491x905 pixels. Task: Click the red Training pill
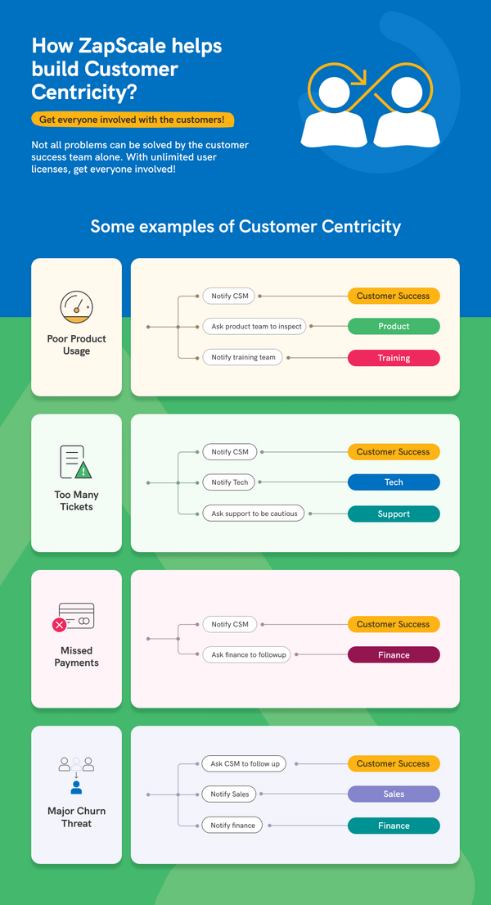[x=394, y=358]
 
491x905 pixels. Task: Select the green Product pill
[x=394, y=326]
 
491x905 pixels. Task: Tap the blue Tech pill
[x=394, y=482]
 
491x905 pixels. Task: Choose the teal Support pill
[x=394, y=514]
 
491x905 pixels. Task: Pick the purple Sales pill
[x=394, y=794]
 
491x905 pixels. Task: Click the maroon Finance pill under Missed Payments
[x=394, y=655]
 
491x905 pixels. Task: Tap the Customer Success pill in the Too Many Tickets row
[x=394, y=451]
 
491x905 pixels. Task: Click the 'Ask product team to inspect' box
[x=256, y=326]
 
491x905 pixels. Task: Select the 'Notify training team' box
[x=243, y=357]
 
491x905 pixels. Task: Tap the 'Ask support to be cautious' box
[x=255, y=514]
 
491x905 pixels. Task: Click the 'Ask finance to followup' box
[x=246, y=655]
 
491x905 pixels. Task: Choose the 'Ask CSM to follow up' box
[x=245, y=763]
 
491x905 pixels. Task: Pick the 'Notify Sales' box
[x=229, y=794]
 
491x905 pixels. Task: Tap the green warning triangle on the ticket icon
[x=83, y=470]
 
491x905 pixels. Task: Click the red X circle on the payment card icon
[x=60, y=625]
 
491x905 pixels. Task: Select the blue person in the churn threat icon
[x=76, y=787]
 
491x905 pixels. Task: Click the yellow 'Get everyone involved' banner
[x=133, y=120]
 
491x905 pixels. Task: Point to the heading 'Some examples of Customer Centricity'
[x=245, y=226]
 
